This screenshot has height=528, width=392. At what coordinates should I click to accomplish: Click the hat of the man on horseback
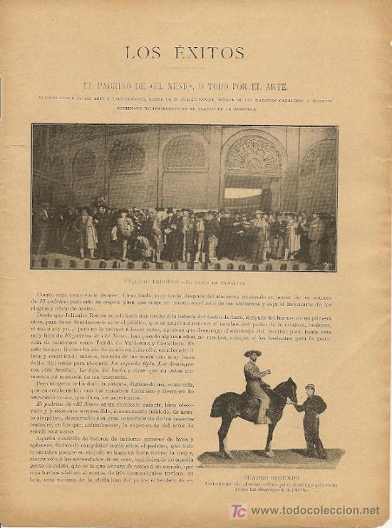point(252,353)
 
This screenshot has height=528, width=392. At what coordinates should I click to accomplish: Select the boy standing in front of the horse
point(311,421)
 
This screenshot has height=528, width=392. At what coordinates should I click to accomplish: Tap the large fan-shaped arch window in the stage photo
point(254,155)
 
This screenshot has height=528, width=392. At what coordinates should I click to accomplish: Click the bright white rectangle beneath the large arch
point(244,193)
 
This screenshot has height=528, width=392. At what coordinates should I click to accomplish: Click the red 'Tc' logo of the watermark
point(238,510)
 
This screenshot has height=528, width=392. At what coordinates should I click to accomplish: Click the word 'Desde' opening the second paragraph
point(46,318)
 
